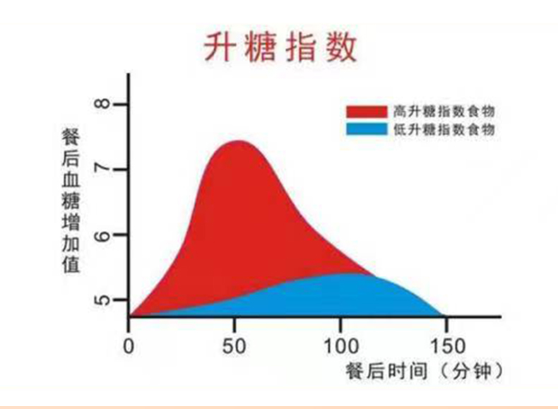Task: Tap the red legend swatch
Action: (x=366, y=111)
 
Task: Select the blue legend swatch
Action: (x=366, y=129)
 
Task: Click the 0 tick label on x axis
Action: (x=129, y=346)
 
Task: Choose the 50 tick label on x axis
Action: (x=235, y=346)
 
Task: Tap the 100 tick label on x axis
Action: (x=340, y=346)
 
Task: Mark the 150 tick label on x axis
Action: (x=447, y=346)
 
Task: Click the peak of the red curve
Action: (x=237, y=141)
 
